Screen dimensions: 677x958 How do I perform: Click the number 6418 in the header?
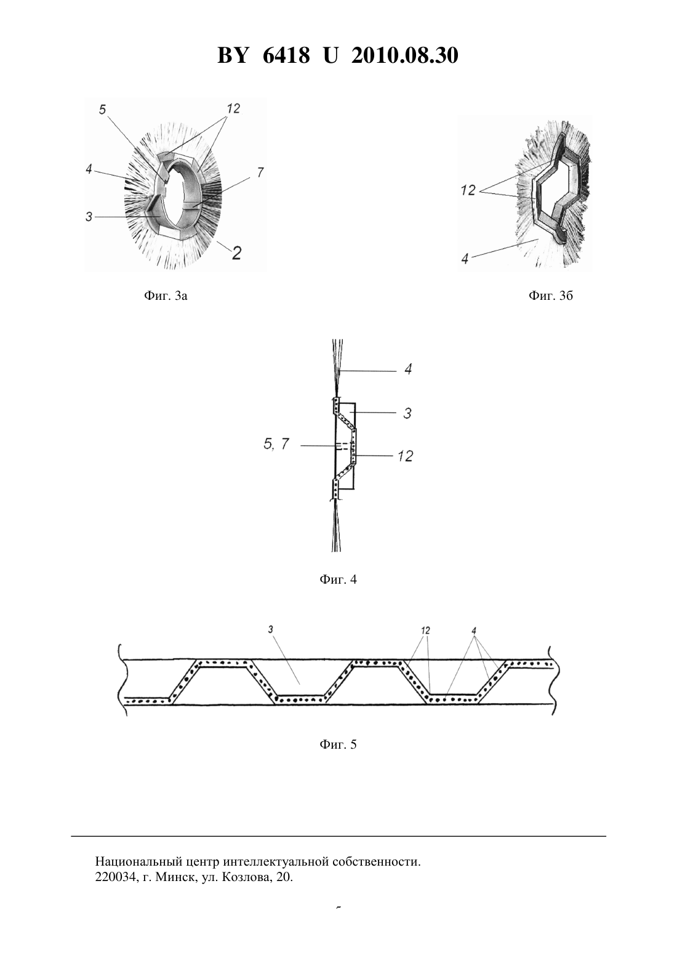click(x=286, y=55)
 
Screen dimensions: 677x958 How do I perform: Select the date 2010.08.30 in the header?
click(x=405, y=55)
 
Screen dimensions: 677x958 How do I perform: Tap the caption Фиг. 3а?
click(x=166, y=296)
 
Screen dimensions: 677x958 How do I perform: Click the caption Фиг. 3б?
click(x=550, y=296)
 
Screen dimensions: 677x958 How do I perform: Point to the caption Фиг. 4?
click(x=338, y=579)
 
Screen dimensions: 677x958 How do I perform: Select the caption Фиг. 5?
click(x=338, y=744)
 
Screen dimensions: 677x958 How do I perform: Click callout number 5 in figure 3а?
click(x=102, y=110)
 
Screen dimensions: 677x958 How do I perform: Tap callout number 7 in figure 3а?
click(x=260, y=172)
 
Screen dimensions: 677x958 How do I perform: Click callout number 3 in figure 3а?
click(x=89, y=217)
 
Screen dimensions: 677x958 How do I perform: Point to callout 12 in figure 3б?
click(x=468, y=190)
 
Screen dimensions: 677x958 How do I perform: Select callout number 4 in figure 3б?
click(x=465, y=259)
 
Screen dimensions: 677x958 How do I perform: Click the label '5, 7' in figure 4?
click(x=276, y=445)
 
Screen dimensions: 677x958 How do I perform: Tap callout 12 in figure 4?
click(x=405, y=456)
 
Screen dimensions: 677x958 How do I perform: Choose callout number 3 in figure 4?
click(x=407, y=413)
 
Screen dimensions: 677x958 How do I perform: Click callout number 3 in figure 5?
click(x=271, y=629)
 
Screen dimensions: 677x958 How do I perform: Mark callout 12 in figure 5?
click(x=425, y=630)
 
